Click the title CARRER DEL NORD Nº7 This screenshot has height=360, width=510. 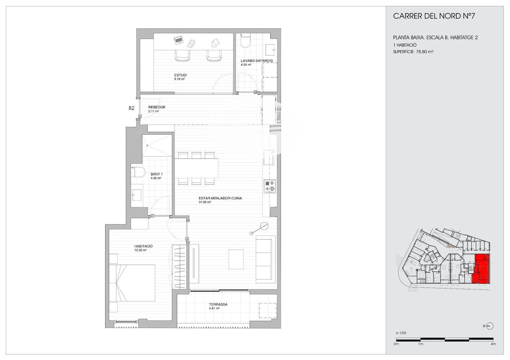pyautogui.click(x=434, y=16)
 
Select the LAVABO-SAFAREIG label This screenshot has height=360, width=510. pyautogui.click(x=256, y=61)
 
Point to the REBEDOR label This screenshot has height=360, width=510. pyautogui.click(x=157, y=107)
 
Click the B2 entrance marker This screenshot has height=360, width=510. pyautogui.click(x=131, y=108)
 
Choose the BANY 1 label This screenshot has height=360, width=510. pyautogui.click(x=157, y=174)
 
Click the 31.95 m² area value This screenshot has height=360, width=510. pyautogui.click(x=205, y=202)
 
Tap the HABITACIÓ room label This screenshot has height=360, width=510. pyautogui.click(x=143, y=246)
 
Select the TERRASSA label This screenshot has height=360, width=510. pyautogui.click(x=218, y=305)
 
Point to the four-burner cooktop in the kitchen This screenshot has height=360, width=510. pyautogui.click(x=270, y=187)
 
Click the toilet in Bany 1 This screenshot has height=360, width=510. pyautogui.click(x=138, y=172)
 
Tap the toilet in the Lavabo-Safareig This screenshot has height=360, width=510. pyautogui.click(x=245, y=41)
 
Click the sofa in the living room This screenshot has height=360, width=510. pyautogui.click(x=266, y=259)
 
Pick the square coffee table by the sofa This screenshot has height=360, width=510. pyautogui.click(x=236, y=259)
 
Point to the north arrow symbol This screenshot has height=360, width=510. pyautogui.click(x=490, y=326)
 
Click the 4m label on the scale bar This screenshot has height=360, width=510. pyautogui.click(x=493, y=344)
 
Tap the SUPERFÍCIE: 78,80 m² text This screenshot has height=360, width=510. pyautogui.click(x=413, y=52)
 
